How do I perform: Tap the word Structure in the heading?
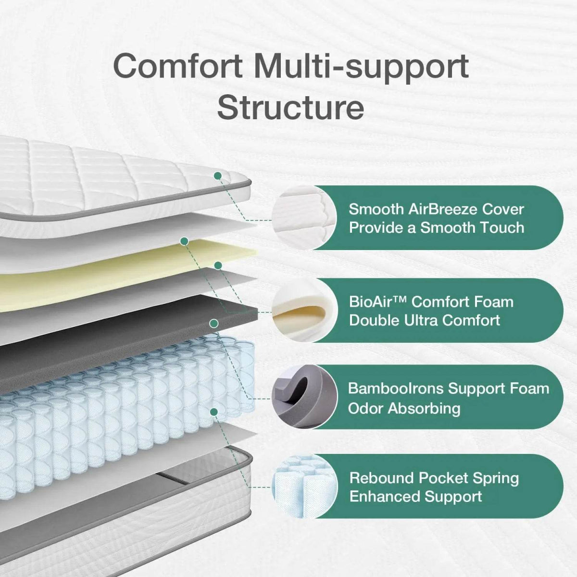point(290,108)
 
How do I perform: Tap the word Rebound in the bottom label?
point(381,478)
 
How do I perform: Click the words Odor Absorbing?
point(404,408)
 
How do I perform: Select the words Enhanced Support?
point(415,496)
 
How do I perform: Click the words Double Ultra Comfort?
point(424,320)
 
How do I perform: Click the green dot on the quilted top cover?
point(218,176)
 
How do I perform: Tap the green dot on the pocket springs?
point(214,412)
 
